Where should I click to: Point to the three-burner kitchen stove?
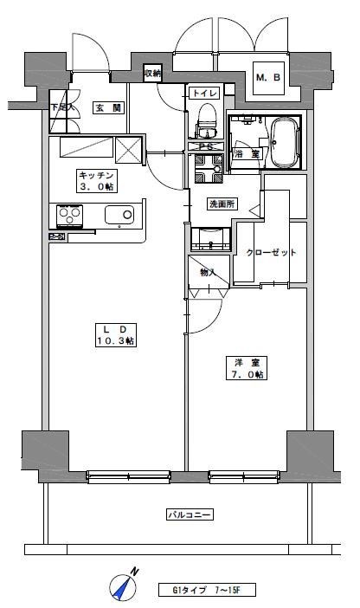[70, 214]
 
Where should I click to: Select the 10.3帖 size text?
[115, 341]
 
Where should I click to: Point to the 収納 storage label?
[152, 74]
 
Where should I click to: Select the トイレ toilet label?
[205, 92]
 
